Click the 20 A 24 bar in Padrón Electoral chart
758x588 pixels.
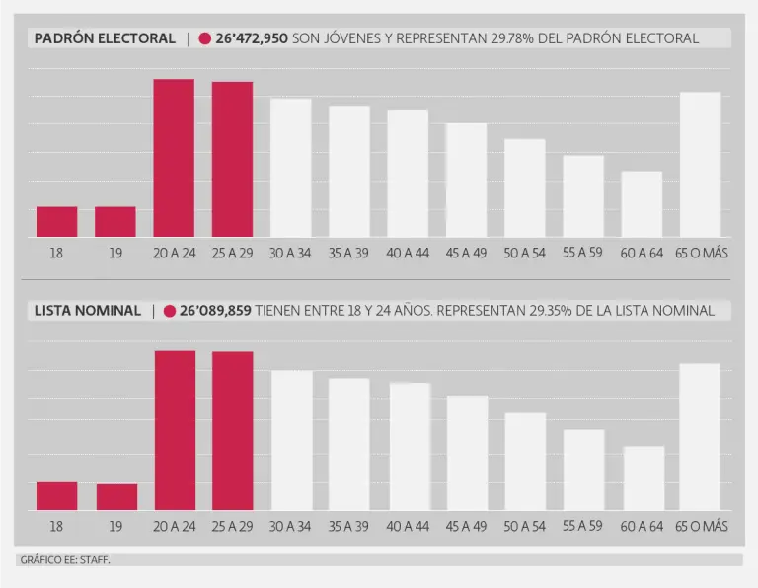[174, 158]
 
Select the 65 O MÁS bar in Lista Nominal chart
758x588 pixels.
[700, 436]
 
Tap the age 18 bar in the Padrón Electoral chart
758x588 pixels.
[56, 221]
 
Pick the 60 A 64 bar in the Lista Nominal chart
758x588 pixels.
[644, 478]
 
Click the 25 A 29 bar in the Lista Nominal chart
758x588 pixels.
[233, 430]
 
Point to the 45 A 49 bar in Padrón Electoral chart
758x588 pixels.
[466, 180]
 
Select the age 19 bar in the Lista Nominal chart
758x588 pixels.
[115, 496]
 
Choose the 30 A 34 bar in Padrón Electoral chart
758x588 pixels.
[291, 167]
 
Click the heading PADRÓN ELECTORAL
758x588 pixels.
[105, 38]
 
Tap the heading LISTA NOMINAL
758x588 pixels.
[88, 310]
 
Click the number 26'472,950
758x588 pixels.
[252, 38]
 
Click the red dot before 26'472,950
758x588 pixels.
[205, 39]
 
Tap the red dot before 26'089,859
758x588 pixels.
[170, 311]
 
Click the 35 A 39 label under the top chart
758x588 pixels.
[349, 254]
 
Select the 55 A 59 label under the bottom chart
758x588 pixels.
[583, 527]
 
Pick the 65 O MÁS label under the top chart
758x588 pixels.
[701, 254]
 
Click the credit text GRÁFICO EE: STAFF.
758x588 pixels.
[65, 560]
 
